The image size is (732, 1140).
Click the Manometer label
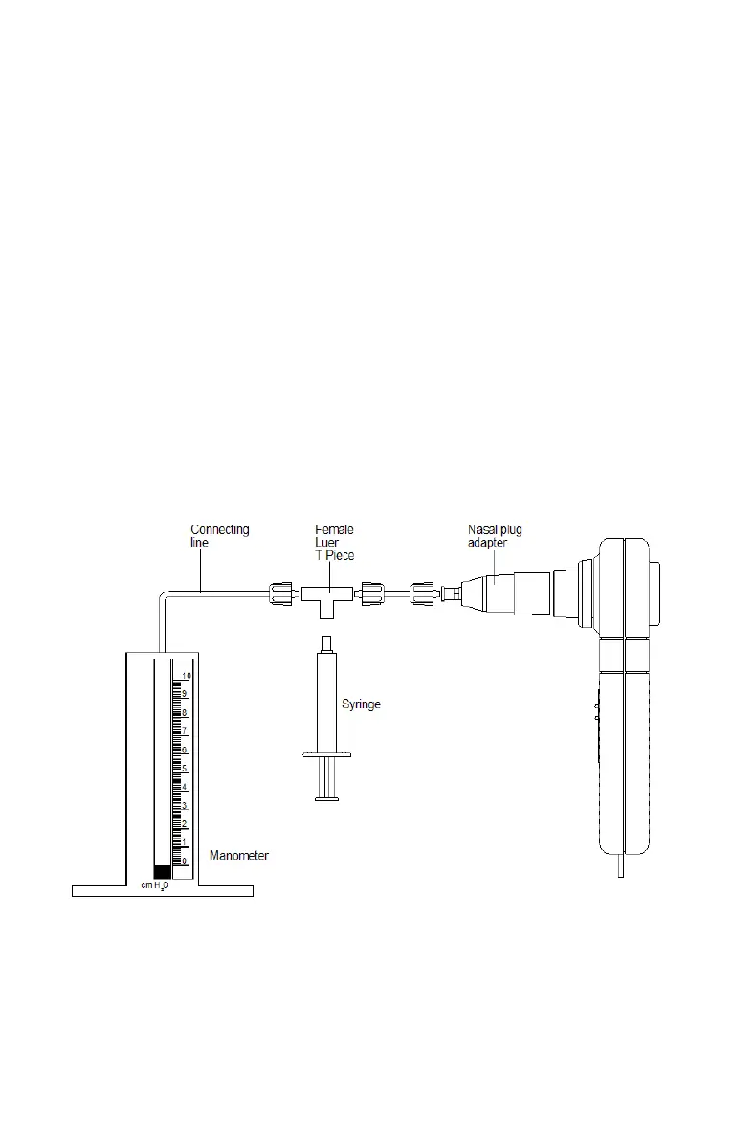(x=238, y=856)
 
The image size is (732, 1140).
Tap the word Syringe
(x=362, y=704)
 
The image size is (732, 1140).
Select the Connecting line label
(x=219, y=536)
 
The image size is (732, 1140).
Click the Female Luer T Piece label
(x=334, y=543)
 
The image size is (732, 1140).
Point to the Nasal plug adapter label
(x=495, y=536)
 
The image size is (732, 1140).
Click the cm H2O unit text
(x=155, y=886)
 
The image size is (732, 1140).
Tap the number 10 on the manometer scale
(x=187, y=676)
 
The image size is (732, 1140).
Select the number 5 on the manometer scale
(x=185, y=769)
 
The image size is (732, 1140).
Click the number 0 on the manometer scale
(x=185, y=861)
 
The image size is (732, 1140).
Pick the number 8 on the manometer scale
(x=185, y=713)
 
